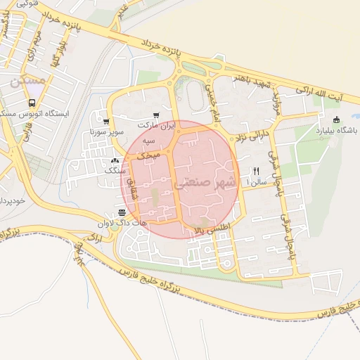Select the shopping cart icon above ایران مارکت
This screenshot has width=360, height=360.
(x=155, y=115)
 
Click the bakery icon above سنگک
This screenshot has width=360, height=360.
(x=114, y=160)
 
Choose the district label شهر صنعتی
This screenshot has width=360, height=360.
(x=191, y=181)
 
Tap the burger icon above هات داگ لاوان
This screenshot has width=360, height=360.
(x=122, y=212)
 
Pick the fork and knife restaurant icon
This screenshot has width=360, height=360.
(x=257, y=171)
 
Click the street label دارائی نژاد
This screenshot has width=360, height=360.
(x=252, y=131)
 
